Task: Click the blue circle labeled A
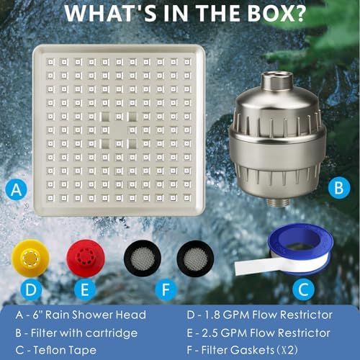point(17,189)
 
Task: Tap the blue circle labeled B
point(339,187)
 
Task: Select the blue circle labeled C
point(303,289)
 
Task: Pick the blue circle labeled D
point(31,289)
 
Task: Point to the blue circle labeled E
point(85,289)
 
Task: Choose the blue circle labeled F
point(166,289)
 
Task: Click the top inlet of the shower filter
point(276,81)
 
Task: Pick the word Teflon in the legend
point(48,350)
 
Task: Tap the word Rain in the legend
point(57,315)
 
